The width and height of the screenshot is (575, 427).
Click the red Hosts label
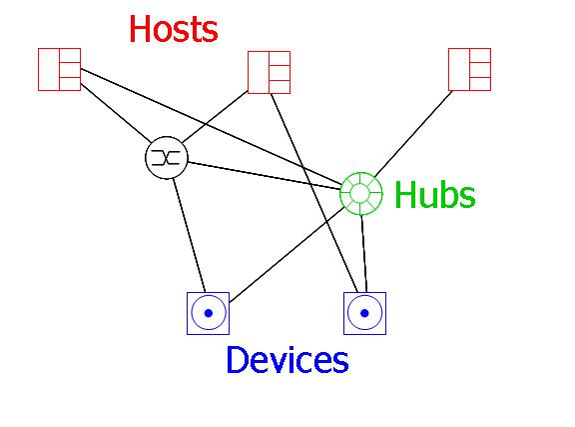tap(174, 29)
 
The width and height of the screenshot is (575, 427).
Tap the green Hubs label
tap(435, 194)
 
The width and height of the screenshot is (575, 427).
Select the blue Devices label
tap(287, 360)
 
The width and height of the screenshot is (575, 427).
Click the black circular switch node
tap(167, 158)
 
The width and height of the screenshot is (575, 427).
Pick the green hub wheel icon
tap(361, 193)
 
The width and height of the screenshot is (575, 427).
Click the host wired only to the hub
tap(470, 69)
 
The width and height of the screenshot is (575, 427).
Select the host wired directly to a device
tap(270, 72)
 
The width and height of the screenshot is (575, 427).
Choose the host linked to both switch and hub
tap(60, 69)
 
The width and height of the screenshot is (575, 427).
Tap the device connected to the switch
tap(209, 313)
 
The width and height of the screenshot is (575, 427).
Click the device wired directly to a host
tap(365, 313)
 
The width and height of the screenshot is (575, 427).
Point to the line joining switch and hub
tap(264, 176)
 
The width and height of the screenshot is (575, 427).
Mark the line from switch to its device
tap(190, 236)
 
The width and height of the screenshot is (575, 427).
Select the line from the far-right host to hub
tap(413, 133)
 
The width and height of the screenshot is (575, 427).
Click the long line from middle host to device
tap(313, 193)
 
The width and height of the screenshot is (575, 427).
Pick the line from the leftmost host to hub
tap(212, 126)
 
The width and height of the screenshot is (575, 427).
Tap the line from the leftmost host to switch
tap(116, 113)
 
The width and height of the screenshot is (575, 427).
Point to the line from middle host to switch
tap(216, 117)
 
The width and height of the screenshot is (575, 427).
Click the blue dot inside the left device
tap(209, 313)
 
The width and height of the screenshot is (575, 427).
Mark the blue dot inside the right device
tap(365, 313)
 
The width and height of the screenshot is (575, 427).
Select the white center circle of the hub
tap(361, 193)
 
